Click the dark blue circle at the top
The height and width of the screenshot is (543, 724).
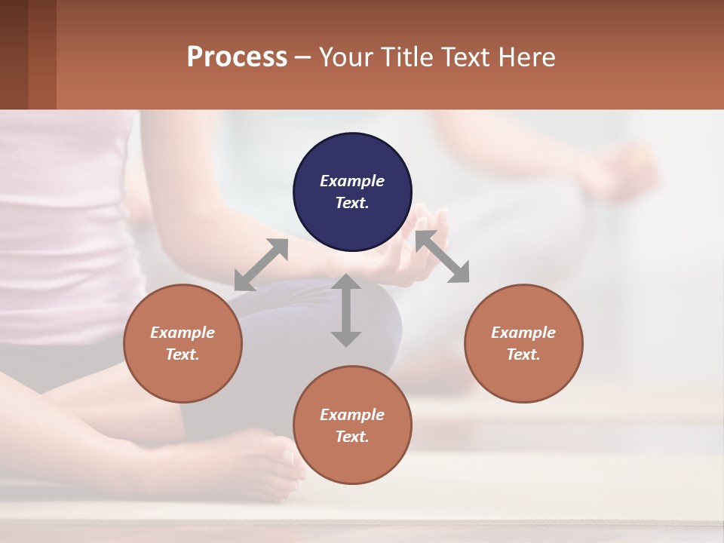(352, 192)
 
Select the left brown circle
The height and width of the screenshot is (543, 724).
(183, 343)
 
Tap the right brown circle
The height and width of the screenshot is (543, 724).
(523, 343)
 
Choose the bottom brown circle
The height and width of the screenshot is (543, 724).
(352, 425)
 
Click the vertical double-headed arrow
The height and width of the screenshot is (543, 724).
(346, 310)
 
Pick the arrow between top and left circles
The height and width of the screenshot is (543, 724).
(261, 265)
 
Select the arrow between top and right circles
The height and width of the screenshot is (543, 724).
(443, 257)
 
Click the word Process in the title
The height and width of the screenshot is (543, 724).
(237, 57)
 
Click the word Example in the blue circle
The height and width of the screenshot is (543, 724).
(352, 181)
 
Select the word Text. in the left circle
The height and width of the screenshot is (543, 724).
(183, 354)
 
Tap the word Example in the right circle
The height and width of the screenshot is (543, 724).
(523, 333)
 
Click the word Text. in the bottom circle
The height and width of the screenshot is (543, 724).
(352, 437)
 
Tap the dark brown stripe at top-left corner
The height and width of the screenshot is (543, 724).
(14, 54)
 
